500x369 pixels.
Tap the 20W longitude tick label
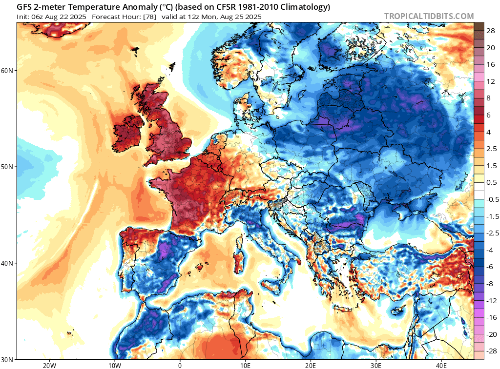[x=49, y=365]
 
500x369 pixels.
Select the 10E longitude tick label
[x=245, y=365]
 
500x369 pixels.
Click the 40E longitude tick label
[x=441, y=365]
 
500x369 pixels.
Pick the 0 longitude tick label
[x=180, y=365]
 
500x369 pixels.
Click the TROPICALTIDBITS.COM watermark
[x=429, y=16]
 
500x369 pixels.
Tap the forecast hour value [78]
[x=149, y=17]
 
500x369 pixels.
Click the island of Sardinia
[x=239, y=256]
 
